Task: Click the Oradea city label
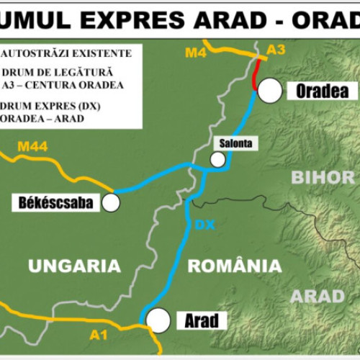(x=322, y=91)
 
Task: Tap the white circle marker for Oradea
(x=270, y=90)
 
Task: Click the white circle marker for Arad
(x=157, y=319)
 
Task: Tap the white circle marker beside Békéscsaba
(x=110, y=203)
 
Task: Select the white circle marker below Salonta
(x=217, y=160)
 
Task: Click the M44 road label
(x=32, y=148)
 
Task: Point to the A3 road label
(x=276, y=49)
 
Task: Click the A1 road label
(x=99, y=334)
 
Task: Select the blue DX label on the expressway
(x=205, y=225)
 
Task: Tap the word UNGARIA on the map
(x=74, y=266)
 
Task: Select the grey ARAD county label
(x=317, y=296)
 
